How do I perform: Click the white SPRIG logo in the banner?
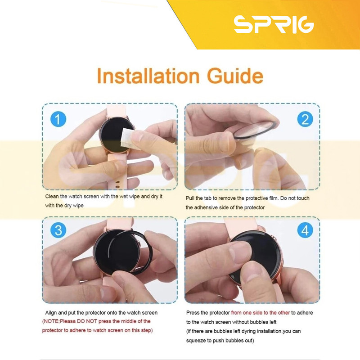click(274, 24)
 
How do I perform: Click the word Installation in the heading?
click(148, 76)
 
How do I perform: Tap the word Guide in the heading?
click(235, 76)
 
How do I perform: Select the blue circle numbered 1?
click(58, 119)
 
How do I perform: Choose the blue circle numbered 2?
click(305, 119)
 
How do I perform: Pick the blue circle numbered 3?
click(58, 230)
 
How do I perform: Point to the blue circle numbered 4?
click(305, 230)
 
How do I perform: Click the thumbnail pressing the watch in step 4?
click(239, 250)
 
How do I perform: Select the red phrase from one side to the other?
click(261, 313)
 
